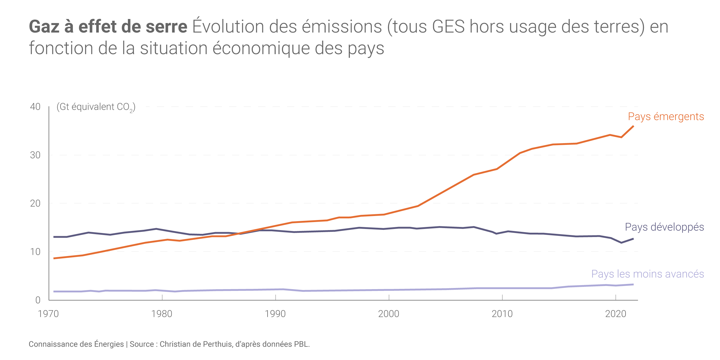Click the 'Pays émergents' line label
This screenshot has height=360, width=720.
coord(666,117)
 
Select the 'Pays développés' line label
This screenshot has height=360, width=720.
coord(664,227)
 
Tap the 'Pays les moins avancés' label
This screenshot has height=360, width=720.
coord(647,274)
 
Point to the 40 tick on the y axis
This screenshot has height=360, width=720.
coord(35,107)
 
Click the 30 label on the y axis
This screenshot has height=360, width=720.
coord(35,155)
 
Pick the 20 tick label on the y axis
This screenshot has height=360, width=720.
coord(35,204)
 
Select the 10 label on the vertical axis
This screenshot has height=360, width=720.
coord(35,252)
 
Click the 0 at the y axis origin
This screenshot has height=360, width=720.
coord(38,300)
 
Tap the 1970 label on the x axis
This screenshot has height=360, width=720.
coord(48,314)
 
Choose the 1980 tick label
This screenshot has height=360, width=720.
coord(162,314)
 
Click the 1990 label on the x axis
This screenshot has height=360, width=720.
coord(275,314)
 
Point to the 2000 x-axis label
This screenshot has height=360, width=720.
coord(389,314)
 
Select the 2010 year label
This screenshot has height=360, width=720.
coord(502,314)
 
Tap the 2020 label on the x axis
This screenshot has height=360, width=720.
coord(616,314)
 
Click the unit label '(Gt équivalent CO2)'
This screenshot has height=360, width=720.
coord(96,107)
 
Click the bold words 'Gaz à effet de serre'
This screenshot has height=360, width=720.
coord(108,27)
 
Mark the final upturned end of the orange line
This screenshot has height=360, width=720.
coord(632,127)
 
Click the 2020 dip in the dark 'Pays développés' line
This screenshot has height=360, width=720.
coord(622,242)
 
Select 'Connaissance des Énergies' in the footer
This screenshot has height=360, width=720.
coord(76,344)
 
